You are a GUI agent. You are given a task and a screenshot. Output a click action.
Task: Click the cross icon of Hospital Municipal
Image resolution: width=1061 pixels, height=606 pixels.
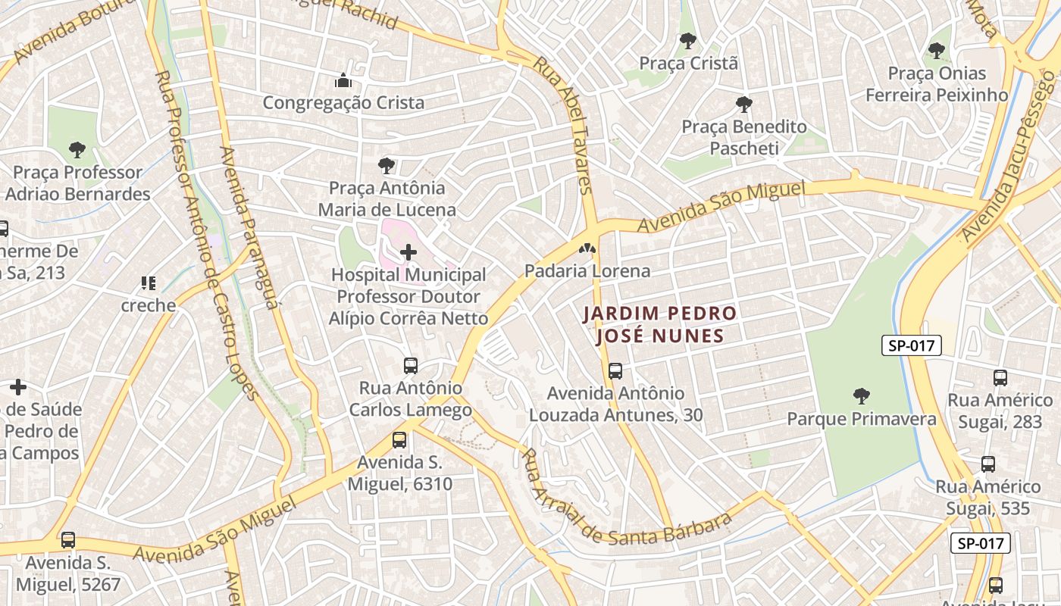408,252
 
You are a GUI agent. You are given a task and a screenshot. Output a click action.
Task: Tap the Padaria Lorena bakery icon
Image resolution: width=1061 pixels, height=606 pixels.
587,248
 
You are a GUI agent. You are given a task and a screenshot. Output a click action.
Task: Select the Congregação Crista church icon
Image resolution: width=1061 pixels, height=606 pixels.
343,80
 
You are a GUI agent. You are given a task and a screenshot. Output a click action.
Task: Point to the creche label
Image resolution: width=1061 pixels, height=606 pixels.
149,305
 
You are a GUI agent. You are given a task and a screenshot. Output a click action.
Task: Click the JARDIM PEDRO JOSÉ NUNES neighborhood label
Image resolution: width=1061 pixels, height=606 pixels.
659,324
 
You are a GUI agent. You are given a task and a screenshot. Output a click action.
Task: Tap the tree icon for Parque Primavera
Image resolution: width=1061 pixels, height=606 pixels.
861,395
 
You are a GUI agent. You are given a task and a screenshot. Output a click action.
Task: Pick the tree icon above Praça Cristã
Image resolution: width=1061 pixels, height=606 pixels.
688,40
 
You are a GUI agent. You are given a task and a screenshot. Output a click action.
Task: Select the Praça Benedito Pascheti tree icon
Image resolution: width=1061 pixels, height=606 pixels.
744,104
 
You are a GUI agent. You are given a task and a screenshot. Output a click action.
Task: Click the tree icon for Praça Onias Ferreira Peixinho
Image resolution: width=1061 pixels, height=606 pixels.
937,51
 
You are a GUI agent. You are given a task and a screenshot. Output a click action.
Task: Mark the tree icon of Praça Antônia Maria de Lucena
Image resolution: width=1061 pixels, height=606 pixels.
387,165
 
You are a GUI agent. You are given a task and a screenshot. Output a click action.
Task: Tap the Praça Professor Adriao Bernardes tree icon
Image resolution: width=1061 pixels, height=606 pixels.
77,149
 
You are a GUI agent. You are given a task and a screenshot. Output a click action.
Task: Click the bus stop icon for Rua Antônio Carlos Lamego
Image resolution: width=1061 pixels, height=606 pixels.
410,366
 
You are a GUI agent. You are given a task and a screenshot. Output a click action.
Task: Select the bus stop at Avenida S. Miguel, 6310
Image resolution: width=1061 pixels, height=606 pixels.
399,439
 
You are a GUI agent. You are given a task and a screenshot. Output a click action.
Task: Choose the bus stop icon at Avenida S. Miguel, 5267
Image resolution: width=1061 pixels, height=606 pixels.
68,540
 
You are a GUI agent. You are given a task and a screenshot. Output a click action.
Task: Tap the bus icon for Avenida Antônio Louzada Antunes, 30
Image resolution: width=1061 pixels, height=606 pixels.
615,371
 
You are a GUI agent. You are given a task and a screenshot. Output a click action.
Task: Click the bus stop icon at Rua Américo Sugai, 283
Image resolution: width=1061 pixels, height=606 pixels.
1000,377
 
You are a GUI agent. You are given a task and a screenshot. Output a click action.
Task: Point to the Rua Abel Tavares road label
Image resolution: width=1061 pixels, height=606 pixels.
563,126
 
